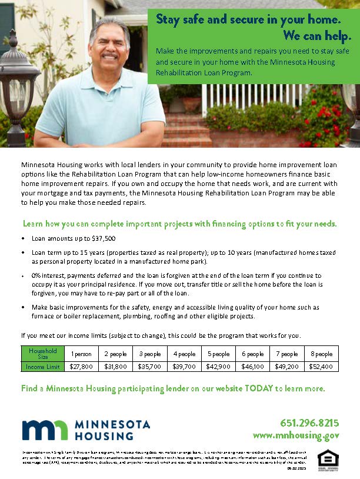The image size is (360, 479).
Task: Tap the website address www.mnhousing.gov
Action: pos(296,435)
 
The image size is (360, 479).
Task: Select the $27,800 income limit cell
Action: pos(81,366)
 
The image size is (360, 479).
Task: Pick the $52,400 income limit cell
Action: pos(321,366)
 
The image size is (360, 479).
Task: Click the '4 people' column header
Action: pos(185,354)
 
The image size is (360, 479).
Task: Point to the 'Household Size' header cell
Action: pos(43,354)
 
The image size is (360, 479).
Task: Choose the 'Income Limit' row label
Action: pos(43,366)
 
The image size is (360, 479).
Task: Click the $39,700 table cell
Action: pos(185,366)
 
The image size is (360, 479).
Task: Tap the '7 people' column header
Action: pos(286,354)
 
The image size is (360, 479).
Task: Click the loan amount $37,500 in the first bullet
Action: pos(104,238)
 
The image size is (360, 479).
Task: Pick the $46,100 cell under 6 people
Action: pos(253,366)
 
